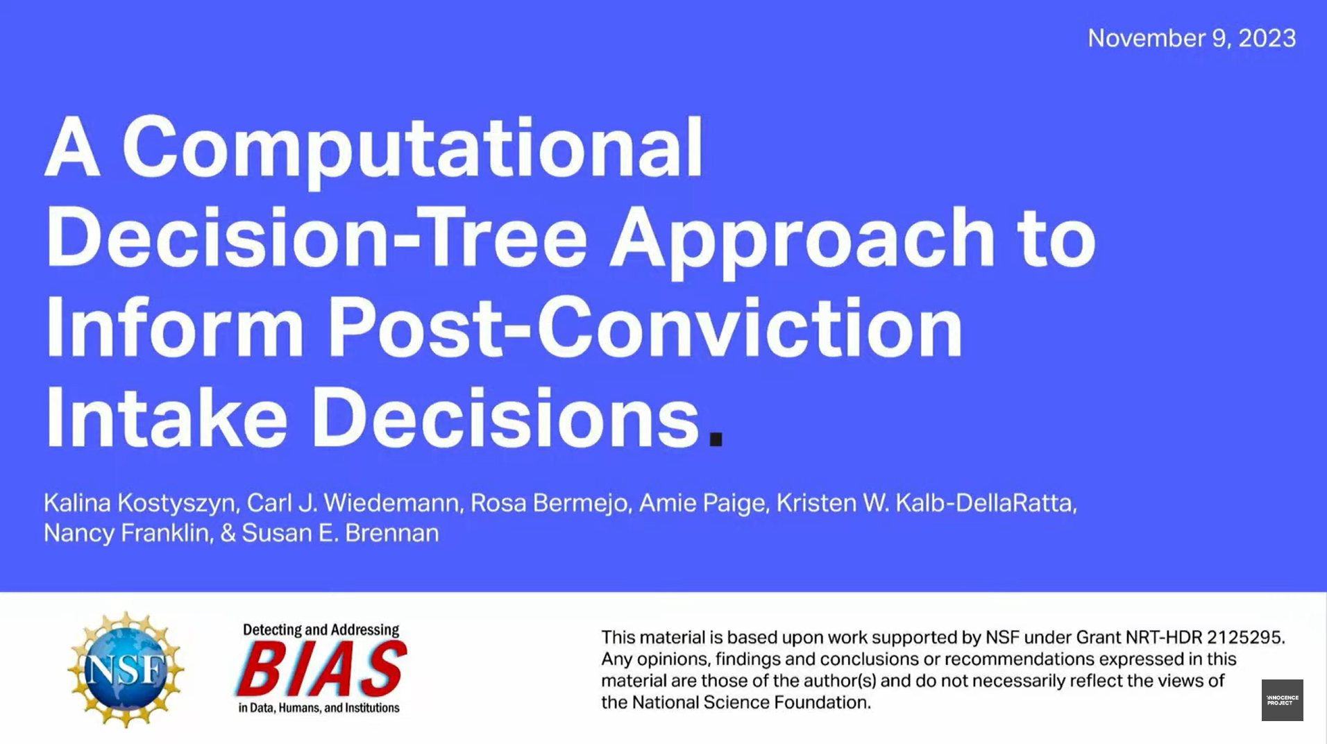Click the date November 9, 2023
(x=1191, y=38)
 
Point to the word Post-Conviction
(x=645, y=326)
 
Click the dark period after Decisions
(x=716, y=439)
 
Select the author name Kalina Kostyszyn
(x=139, y=503)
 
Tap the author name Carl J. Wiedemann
(x=353, y=503)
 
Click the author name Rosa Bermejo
(x=548, y=503)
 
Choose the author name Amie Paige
(x=701, y=503)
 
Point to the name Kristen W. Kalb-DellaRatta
(x=925, y=503)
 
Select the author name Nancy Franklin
(x=126, y=533)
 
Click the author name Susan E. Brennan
(x=340, y=533)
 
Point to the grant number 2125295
(x=1244, y=637)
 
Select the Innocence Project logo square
(x=1282, y=700)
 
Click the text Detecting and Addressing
(x=321, y=630)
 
